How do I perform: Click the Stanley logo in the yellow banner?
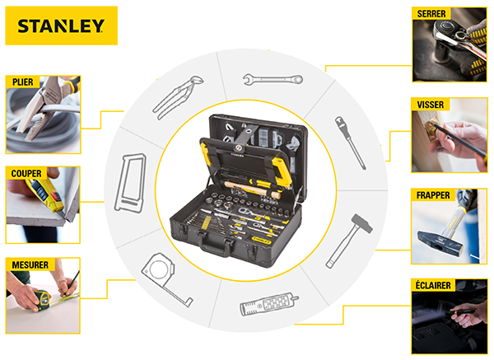61,26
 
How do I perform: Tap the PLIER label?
23,82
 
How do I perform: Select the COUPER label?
26,173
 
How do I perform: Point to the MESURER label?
30,264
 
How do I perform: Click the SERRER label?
431,14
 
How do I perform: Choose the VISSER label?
431,105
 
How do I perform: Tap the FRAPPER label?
433,195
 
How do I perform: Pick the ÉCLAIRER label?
433,285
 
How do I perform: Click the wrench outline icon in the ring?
273,79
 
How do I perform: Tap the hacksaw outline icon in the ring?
129,184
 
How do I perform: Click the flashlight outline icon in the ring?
268,305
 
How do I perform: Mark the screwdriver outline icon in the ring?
350,143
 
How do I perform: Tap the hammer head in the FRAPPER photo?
440,241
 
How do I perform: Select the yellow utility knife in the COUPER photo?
45,195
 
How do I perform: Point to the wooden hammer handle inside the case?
252,189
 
